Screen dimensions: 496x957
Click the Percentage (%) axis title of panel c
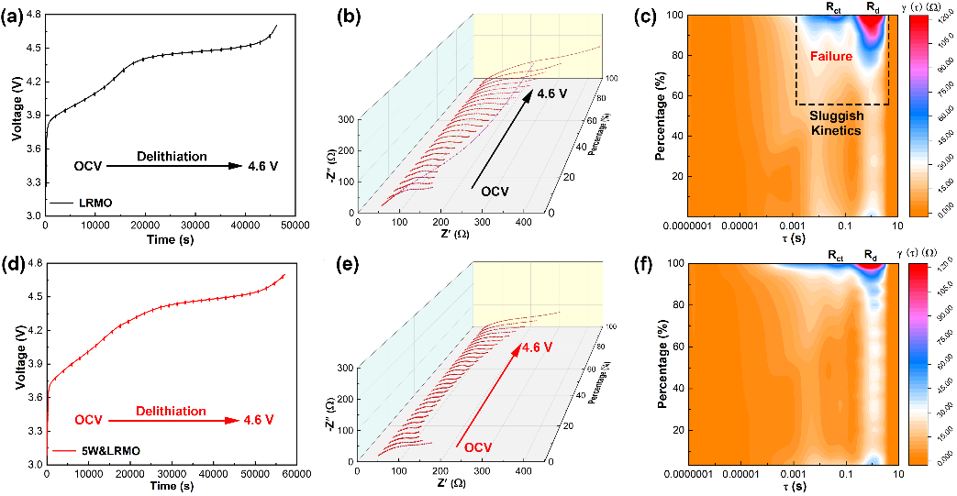point(662,116)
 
